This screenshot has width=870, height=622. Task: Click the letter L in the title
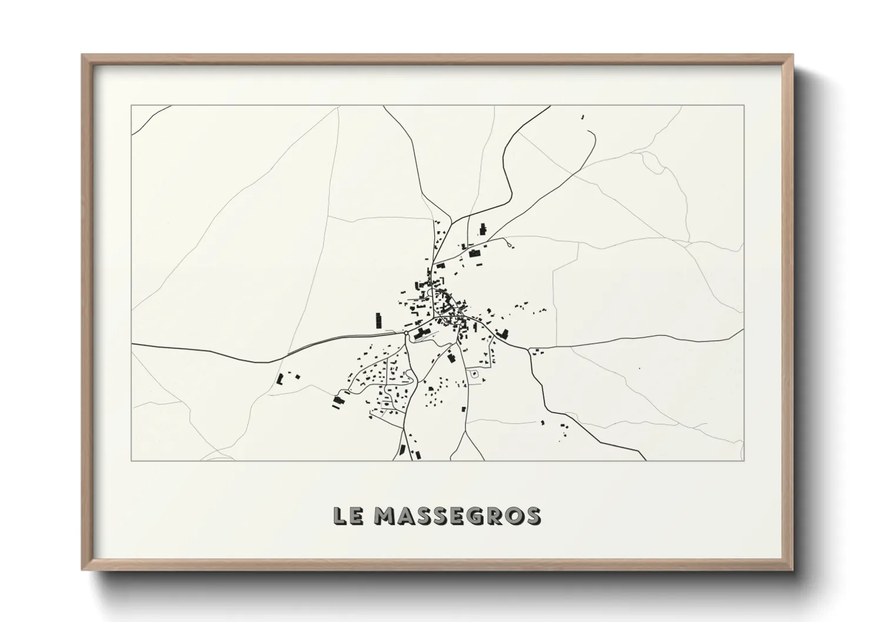[x=340, y=516]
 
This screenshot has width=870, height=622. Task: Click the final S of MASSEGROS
[x=533, y=516]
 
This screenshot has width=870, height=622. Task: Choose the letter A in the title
[x=406, y=516]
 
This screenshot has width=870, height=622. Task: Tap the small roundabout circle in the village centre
[x=406, y=333]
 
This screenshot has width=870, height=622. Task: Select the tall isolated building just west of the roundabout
[x=379, y=320]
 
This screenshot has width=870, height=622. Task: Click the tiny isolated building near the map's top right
[x=583, y=118]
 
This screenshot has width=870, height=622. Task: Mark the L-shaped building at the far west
[x=280, y=379]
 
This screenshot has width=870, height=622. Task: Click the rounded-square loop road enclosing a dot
[x=474, y=374]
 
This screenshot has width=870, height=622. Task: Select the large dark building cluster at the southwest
[x=339, y=401]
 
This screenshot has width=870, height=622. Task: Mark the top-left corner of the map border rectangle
[x=132, y=106]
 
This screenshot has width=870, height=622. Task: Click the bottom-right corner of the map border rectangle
[x=744, y=460]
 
